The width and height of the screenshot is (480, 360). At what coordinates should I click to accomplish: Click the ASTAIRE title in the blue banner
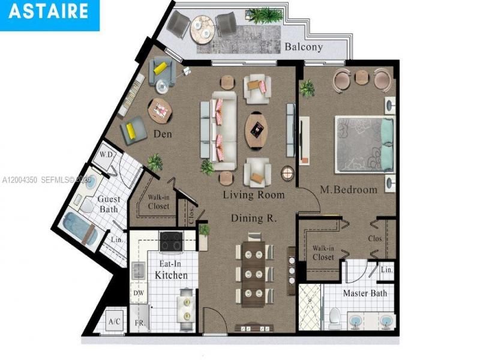(49, 11)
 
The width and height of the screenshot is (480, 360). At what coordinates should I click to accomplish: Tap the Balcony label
(304, 47)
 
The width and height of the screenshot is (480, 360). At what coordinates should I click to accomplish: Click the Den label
(162, 134)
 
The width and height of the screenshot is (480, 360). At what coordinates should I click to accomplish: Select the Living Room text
(254, 195)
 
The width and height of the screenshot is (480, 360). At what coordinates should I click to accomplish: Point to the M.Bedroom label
(349, 190)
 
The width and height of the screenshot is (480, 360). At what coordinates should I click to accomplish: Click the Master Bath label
(365, 293)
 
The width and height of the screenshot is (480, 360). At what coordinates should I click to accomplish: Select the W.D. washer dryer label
(107, 154)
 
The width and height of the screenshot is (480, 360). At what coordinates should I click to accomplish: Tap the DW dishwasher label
(138, 293)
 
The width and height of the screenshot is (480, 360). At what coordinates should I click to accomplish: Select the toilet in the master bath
(335, 316)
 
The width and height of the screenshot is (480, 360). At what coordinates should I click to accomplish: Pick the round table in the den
(160, 110)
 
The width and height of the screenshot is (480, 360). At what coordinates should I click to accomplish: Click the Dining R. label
(254, 218)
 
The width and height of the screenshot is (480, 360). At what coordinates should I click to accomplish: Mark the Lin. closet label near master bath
(386, 271)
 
